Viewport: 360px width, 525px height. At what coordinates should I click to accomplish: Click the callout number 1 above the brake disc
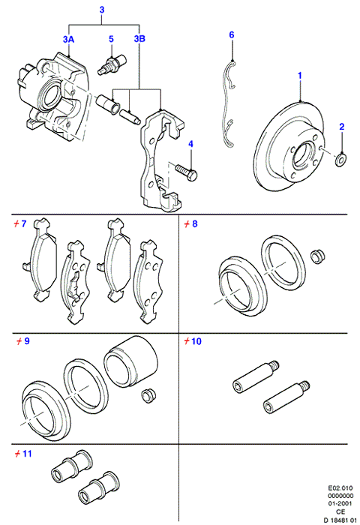[x=300, y=76]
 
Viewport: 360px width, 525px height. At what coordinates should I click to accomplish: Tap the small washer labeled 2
[x=341, y=159]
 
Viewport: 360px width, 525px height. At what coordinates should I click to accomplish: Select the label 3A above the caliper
[x=68, y=40]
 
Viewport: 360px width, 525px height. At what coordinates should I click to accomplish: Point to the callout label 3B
[x=139, y=39]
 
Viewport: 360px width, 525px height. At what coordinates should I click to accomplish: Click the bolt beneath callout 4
[x=185, y=170]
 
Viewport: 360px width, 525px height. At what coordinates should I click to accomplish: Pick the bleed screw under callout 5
[x=112, y=64]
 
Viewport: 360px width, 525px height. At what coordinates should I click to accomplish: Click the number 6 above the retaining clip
[x=232, y=34]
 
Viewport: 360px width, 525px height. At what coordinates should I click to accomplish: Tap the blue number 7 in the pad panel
[x=23, y=223]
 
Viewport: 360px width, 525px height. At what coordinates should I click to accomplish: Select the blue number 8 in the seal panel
[x=194, y=223]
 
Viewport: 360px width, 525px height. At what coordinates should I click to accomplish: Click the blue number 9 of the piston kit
[x=27, y=341]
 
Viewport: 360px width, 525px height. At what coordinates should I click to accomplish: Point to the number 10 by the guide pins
[x=196, y=341]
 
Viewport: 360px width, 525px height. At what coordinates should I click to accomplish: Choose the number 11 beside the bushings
[x=27, y=454]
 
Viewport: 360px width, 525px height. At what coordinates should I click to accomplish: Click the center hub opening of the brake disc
[x=304, y=156]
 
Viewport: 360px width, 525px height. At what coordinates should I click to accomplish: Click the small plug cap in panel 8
[x=317, y=256]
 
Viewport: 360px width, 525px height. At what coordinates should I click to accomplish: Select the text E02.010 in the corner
[x=340, y=488]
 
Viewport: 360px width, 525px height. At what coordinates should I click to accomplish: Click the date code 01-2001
[x=340, y=503]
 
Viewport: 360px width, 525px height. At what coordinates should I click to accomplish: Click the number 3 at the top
[x=102, y=10]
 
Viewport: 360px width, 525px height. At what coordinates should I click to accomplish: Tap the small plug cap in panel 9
[x=147, y=396]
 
